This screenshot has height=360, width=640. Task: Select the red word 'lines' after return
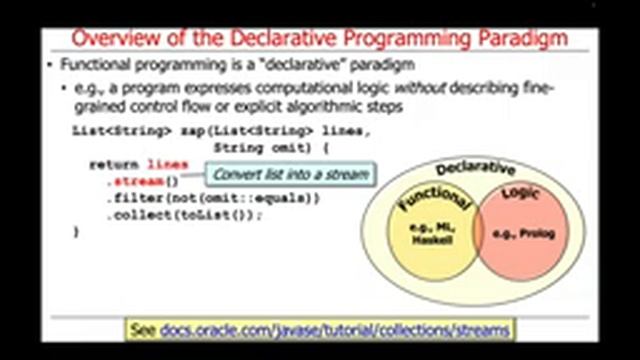(x=167, y=164)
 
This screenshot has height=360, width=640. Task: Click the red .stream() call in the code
(x=143, y=181)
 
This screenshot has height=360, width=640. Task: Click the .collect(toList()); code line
(x=185, y=215)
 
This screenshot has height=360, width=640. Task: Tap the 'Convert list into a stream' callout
(x=290, y=175)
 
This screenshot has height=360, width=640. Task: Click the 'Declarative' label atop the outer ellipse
(x=476, y=168)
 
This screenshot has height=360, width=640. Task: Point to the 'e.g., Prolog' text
(x=531, y=233)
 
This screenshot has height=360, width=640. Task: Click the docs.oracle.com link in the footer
(x=336, y=329)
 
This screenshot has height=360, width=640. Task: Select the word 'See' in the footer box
(x=145, y=329)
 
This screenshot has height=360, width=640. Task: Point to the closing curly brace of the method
(x=76, y=232)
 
